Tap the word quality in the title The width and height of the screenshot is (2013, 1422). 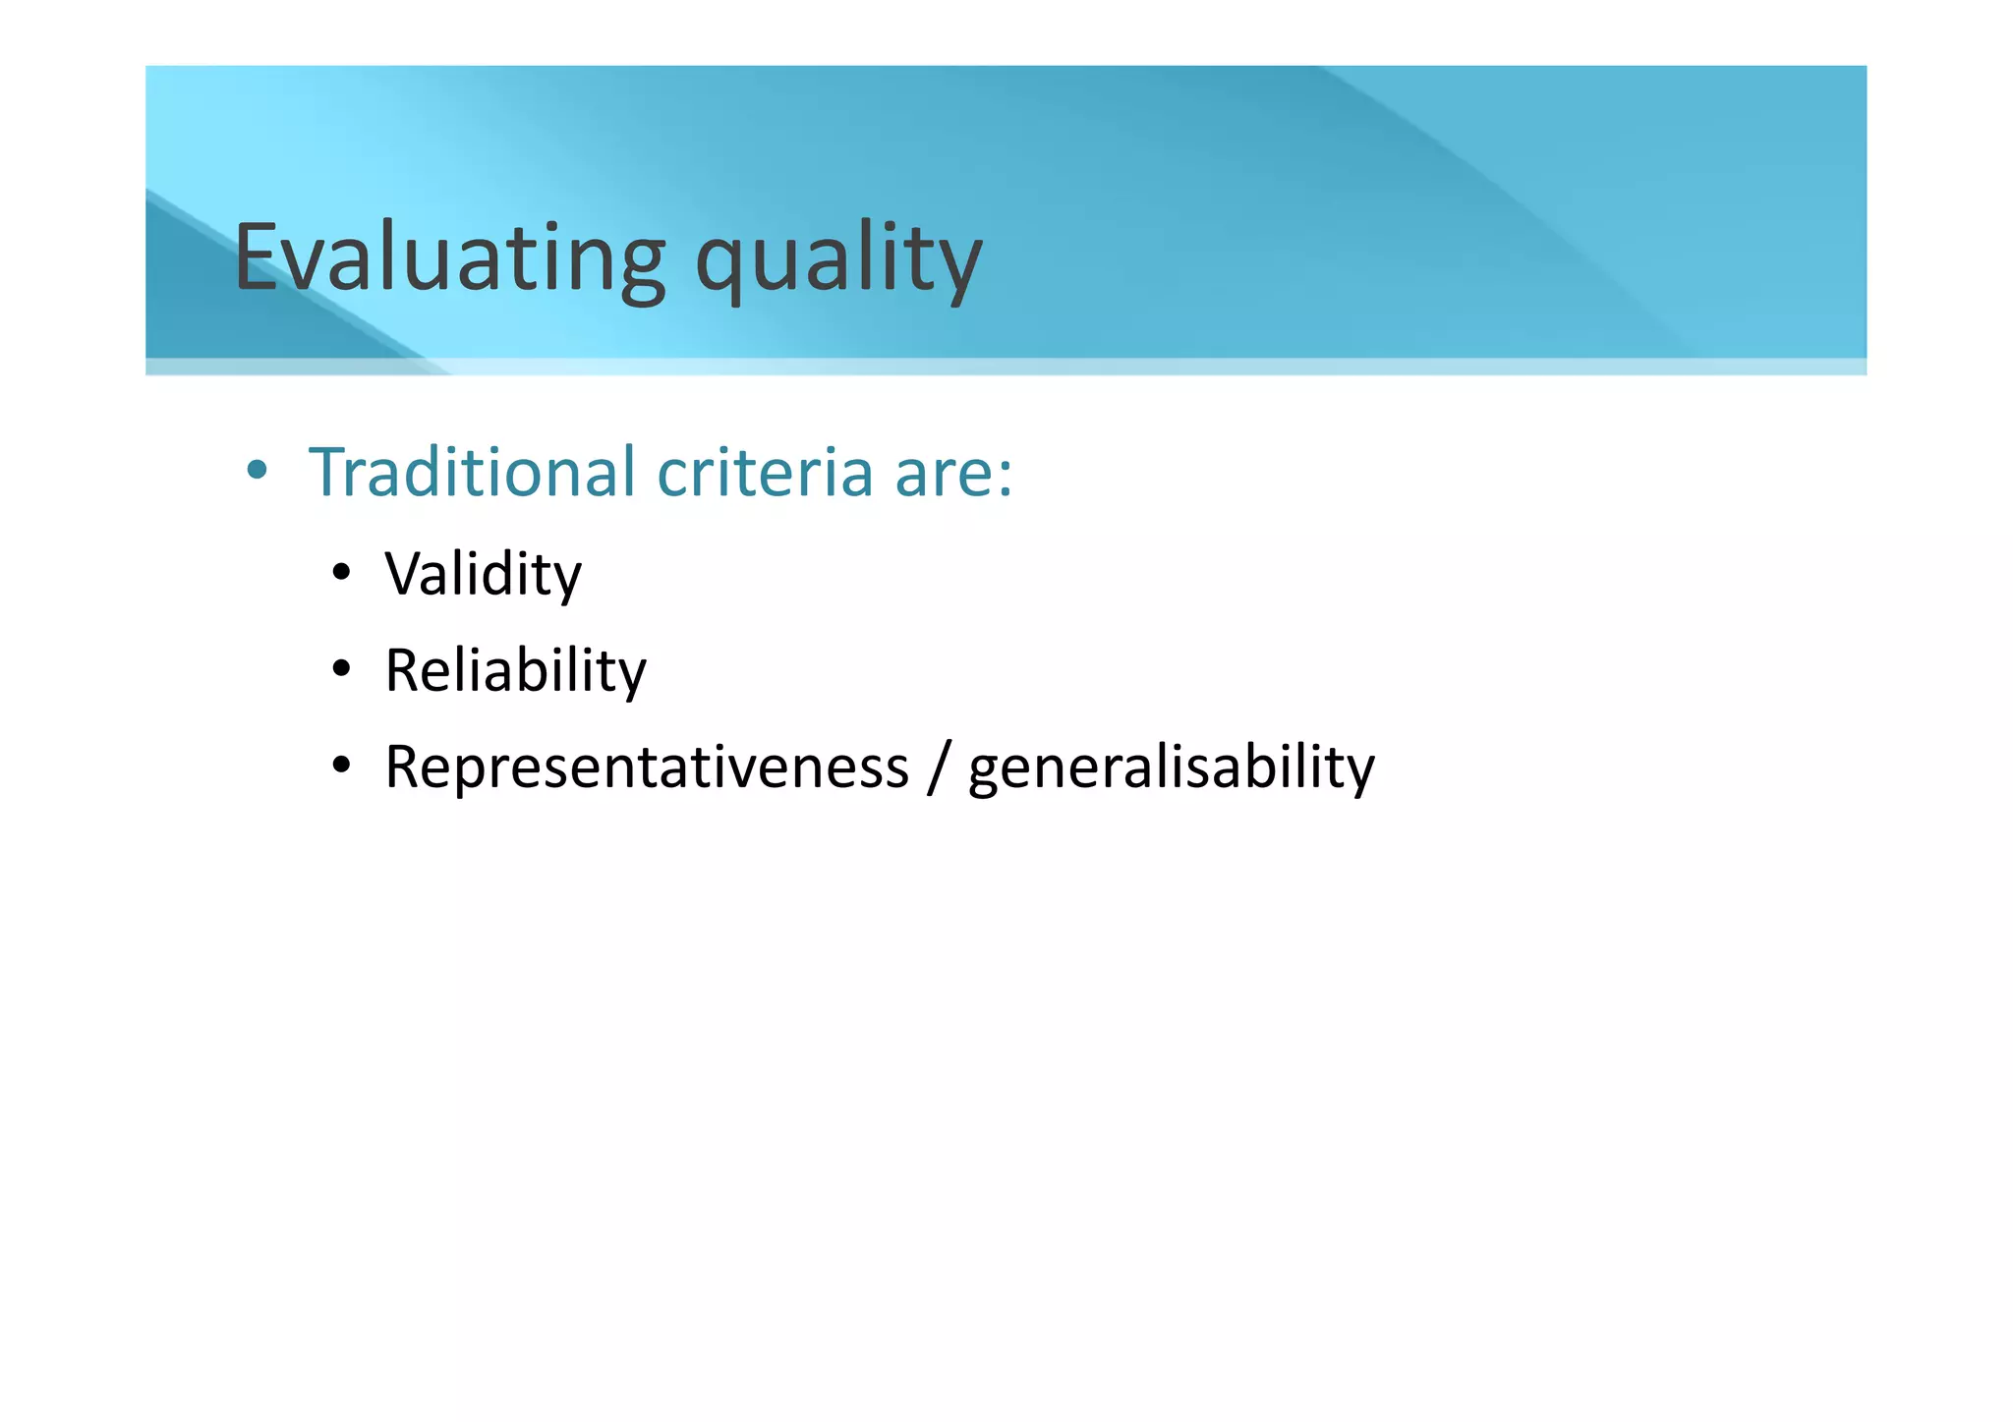click(838, 260)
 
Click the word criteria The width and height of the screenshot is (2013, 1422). click(765, 472)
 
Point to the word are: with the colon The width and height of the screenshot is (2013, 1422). click(953, 474)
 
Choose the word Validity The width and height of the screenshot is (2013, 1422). click(483, 574)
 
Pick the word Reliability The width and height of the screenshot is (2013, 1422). click(515, 670)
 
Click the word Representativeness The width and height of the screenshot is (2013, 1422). click(647, 767)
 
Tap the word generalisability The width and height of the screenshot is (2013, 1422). click(1171, 768)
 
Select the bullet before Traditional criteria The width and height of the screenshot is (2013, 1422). click(257, 470)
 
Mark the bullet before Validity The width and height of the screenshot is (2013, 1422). click(341, 573)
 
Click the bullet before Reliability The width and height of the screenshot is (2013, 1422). click(341, 669)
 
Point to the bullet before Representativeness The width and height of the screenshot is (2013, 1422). click(341, 766)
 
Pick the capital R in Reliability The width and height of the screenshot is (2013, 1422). click(404, 670)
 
